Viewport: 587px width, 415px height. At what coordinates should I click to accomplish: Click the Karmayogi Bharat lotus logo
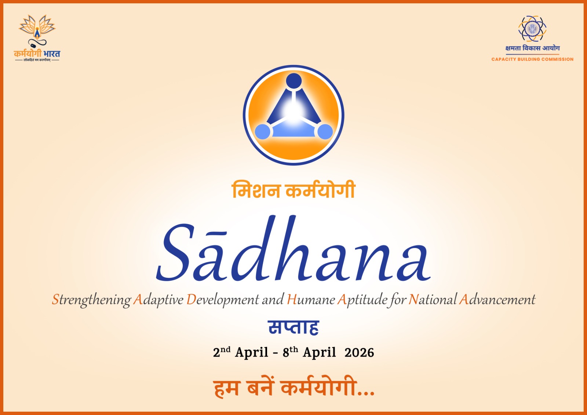37,31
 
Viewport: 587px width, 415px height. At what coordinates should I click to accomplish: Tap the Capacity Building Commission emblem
532,29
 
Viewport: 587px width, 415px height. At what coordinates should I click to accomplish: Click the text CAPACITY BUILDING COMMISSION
532,59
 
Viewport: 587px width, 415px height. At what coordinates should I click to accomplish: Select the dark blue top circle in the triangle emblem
293,81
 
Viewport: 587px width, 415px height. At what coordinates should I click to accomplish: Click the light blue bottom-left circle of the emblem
263,131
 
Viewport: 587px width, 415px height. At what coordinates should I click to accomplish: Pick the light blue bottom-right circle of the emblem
325,131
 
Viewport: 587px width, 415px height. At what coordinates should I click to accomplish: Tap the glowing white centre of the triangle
293,110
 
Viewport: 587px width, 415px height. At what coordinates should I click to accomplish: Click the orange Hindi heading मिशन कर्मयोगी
293,190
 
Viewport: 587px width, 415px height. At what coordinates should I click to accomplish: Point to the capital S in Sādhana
175,253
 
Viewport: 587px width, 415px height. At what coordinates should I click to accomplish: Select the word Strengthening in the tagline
91,300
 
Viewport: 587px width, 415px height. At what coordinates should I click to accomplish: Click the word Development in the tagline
223,300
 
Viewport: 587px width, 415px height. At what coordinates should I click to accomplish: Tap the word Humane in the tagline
311,300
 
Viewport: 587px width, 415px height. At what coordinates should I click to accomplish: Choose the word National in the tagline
433,300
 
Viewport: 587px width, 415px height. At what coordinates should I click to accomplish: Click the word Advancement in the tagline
497,300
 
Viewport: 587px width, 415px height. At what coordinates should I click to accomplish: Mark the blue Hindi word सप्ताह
293,327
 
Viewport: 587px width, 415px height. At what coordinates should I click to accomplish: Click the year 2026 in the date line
359,353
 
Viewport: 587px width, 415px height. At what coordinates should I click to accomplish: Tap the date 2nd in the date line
222,352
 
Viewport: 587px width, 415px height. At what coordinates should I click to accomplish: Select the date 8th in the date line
290,352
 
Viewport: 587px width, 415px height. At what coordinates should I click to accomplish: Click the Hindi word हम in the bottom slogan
226,388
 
